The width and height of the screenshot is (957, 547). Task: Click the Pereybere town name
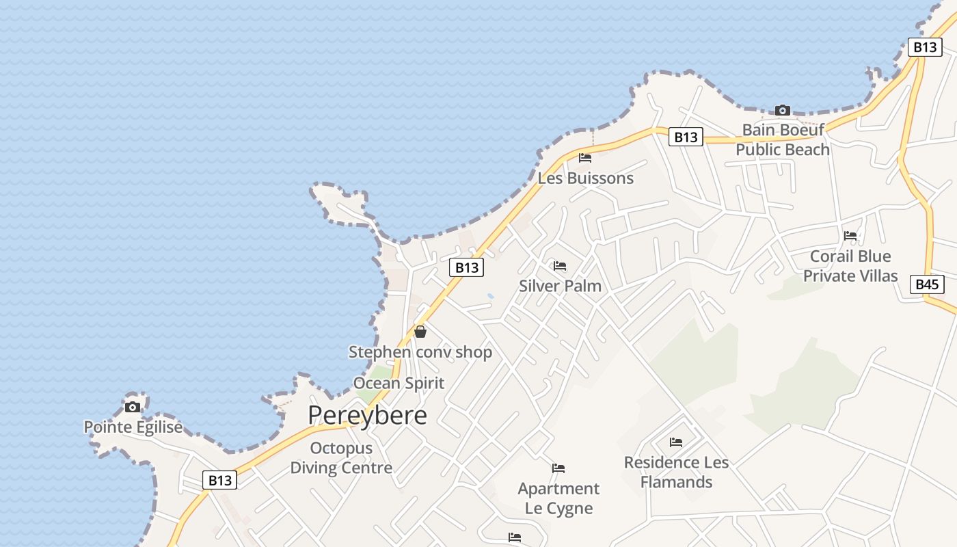(x=367, y=415)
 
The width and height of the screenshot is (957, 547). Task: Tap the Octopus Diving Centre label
(x=341, y=458)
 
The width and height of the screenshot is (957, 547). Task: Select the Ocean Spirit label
(x=399, y=383)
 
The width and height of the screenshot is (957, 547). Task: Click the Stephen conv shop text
(x=420, y=352)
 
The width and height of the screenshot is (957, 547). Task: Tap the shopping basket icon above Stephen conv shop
(x=420, y=332)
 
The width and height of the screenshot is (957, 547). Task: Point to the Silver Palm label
(x=560, y=286)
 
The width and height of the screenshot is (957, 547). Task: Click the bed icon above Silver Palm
(x=560, y=265)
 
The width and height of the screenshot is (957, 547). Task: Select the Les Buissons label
(x=586, y=178)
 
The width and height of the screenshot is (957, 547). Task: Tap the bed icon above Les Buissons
(x=585, y=158)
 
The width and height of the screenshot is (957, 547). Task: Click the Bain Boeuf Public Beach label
(x=783, y=139)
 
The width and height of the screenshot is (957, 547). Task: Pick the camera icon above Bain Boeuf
(x=783, y=110)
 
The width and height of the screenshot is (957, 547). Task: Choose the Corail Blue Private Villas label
(x=850, y=266)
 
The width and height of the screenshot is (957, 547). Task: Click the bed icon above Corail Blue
(x=850, y=235)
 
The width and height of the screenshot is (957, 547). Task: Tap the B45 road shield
(x=927, y=284)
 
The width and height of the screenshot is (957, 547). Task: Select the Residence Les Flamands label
(x=676, y=472)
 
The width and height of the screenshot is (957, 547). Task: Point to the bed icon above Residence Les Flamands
(x=676, y=442)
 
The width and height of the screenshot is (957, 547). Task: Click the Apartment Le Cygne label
(x=558, y=498)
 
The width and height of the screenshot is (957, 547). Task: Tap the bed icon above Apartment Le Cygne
(x=558, y=468)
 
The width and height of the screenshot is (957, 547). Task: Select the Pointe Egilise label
(x=133, y=427)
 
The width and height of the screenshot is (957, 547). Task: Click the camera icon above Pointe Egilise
(x=133, y=408)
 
